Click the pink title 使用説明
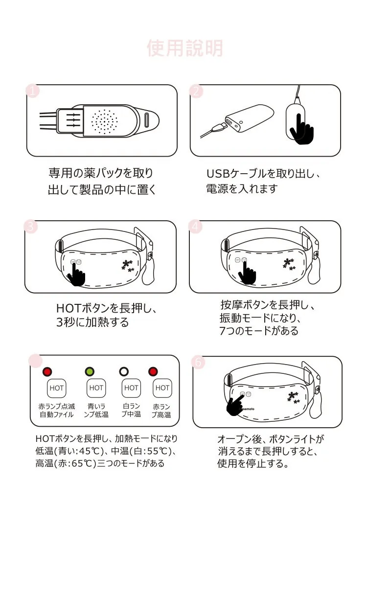pos(184,48)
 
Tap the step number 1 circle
pos(33,91)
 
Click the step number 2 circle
pos(196,92)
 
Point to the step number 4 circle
pos(195,227)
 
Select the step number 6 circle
pos(198,362)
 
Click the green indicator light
pos(90,371)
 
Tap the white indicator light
pos(124,371)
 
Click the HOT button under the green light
pos(96,388)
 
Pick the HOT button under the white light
pos(131,388)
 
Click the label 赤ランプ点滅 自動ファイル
pos(57,410)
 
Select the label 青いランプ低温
pos(96,410)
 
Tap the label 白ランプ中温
pos(131,410)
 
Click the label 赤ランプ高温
pos(161,411)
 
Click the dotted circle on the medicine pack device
pos(104,121)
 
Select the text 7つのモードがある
pos(259,331)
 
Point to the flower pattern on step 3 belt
pos(128,266)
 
